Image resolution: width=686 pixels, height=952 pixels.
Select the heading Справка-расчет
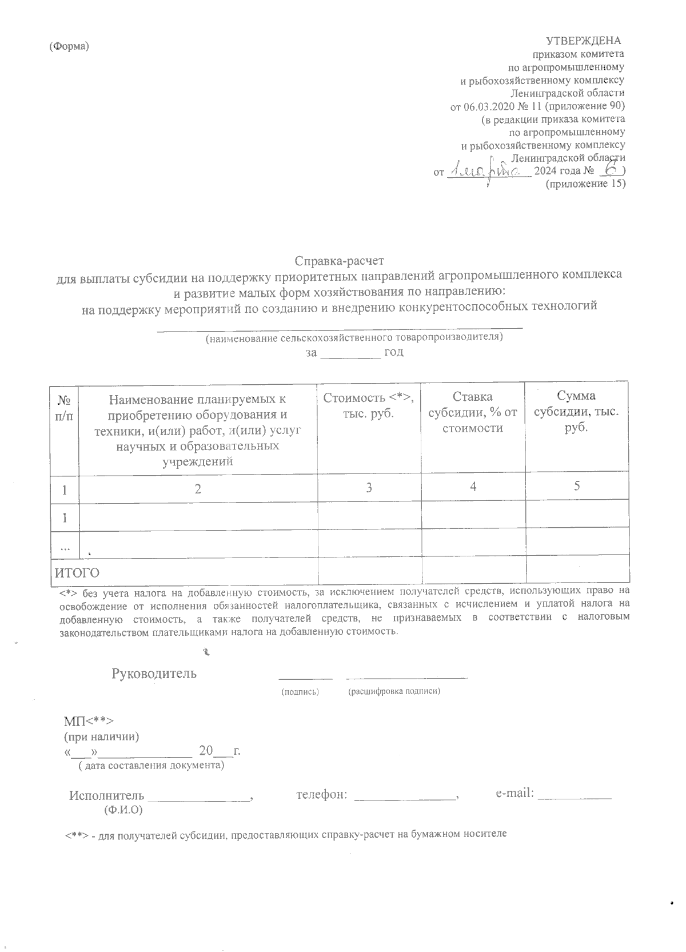pos(340,262)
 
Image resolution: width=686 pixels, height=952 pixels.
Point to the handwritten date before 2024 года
pos(486,169)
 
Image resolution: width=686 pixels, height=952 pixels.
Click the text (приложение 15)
pos(585,184)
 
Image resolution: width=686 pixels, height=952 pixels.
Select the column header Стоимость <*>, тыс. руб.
pos(369,405)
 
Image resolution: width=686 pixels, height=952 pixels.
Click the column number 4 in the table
pos(473,487)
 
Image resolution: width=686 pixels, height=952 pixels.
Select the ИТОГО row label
pos(77,572)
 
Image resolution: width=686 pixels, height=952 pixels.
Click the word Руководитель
pos(154,673)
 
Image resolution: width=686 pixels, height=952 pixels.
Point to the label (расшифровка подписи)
pos(394,691)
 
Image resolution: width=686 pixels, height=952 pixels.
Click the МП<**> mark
pos(90,719)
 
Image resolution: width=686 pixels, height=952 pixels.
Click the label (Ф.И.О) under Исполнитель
pos(123,810)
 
